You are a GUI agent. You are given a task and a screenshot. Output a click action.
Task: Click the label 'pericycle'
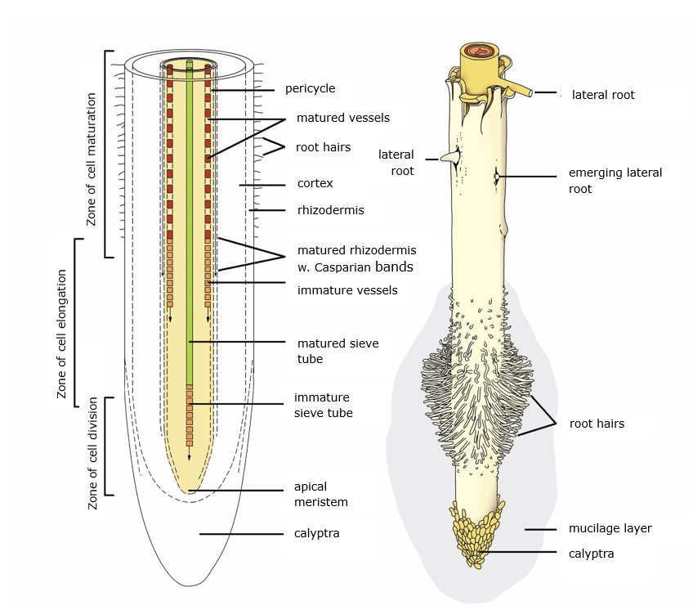point(310,88)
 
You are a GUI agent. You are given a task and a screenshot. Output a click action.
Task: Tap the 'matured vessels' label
point(342,118)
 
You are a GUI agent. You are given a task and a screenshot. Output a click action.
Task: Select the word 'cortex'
point(315,184)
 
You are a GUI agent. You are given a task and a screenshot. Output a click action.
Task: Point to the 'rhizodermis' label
point(330,210)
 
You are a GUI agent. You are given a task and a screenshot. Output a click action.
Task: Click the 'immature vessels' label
point(347,290)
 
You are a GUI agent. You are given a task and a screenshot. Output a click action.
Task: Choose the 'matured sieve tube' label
point(338,351)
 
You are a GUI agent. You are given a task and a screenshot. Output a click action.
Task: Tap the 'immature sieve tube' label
point(323,405)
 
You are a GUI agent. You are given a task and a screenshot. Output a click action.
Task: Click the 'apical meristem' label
point(320,494)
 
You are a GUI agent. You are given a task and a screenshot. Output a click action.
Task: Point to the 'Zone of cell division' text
point(92,453)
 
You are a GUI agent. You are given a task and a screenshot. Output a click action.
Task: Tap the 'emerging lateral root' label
point(615,181)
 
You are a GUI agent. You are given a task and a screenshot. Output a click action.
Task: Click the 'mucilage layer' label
point(610,528)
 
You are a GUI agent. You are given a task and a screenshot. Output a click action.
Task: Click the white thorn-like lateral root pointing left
point(449,158)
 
